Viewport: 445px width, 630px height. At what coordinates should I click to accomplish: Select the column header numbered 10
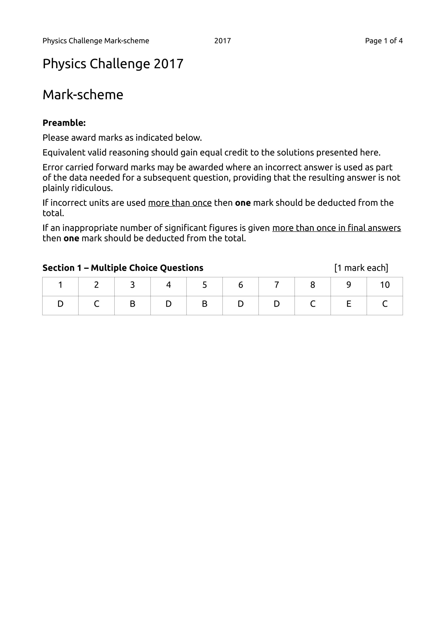click(x=385, y=285)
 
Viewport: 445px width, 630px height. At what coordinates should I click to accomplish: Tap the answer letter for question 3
click(x=133, y=304)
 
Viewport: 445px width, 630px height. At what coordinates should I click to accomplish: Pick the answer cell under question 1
click(x=60, y=304)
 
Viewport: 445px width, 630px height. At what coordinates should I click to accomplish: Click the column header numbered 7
click(x=276, y=285)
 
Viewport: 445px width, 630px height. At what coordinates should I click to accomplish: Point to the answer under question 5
click(x=204, y=304)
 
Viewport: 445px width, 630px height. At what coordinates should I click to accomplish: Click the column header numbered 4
click(x=169, y=285)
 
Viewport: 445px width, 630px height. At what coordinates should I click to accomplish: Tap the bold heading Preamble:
click(x=64, y=123)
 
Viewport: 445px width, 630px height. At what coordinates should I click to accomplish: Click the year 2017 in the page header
click(x=222, y=41)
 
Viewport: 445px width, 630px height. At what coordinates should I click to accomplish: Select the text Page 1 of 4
click(x=384, y=41)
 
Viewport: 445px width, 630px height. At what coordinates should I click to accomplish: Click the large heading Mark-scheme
click(x=83, y=95)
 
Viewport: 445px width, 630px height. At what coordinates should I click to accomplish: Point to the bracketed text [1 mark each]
click(x=361, y=268)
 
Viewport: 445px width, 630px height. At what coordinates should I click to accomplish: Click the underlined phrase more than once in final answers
click(x=337, y=228)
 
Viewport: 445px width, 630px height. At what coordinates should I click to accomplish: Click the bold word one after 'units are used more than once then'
click(x=243, y=203)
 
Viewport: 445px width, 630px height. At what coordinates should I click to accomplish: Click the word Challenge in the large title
click(x=120, y=64)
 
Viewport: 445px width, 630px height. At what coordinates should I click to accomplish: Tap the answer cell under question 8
click(x=312, y=304)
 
